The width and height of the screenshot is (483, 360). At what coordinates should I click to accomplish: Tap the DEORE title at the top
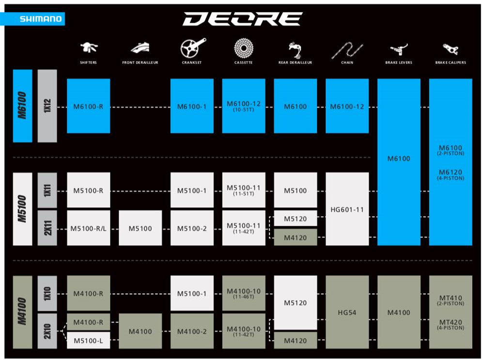tap(243, 19)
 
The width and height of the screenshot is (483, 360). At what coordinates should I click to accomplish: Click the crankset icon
tap(192, 48)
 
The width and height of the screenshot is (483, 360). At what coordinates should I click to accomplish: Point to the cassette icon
tap(244, 48)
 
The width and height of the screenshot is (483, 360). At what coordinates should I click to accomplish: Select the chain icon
tap(347, 50)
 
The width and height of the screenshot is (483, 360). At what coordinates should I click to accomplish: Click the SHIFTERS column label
tap(88, 63)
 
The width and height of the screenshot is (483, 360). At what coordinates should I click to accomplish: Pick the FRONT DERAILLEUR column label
tap(140, 63)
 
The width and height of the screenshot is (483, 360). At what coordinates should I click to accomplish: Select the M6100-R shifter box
tap(88, 106)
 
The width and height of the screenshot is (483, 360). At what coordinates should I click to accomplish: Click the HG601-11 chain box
tap(347, 209)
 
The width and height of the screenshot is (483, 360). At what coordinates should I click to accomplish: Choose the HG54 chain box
tap(347, 312)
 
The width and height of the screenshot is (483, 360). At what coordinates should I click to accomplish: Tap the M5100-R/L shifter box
tap(88, 228)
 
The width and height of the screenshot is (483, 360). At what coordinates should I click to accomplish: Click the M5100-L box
tap(88, 340)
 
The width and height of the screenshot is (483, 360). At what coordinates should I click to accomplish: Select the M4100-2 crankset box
tap(192, 331)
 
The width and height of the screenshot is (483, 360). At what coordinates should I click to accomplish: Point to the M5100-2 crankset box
tap(192, 228)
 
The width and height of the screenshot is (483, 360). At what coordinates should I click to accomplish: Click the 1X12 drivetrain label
tap(47, 106)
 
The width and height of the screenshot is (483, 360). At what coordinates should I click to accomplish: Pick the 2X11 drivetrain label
tap(47, 228)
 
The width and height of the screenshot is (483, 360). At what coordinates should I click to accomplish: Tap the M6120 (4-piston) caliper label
tap(451, 174)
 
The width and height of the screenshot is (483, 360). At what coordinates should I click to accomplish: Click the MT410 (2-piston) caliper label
tap(451, 300)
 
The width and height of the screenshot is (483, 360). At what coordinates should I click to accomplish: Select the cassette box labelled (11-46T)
tap(244, 293)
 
